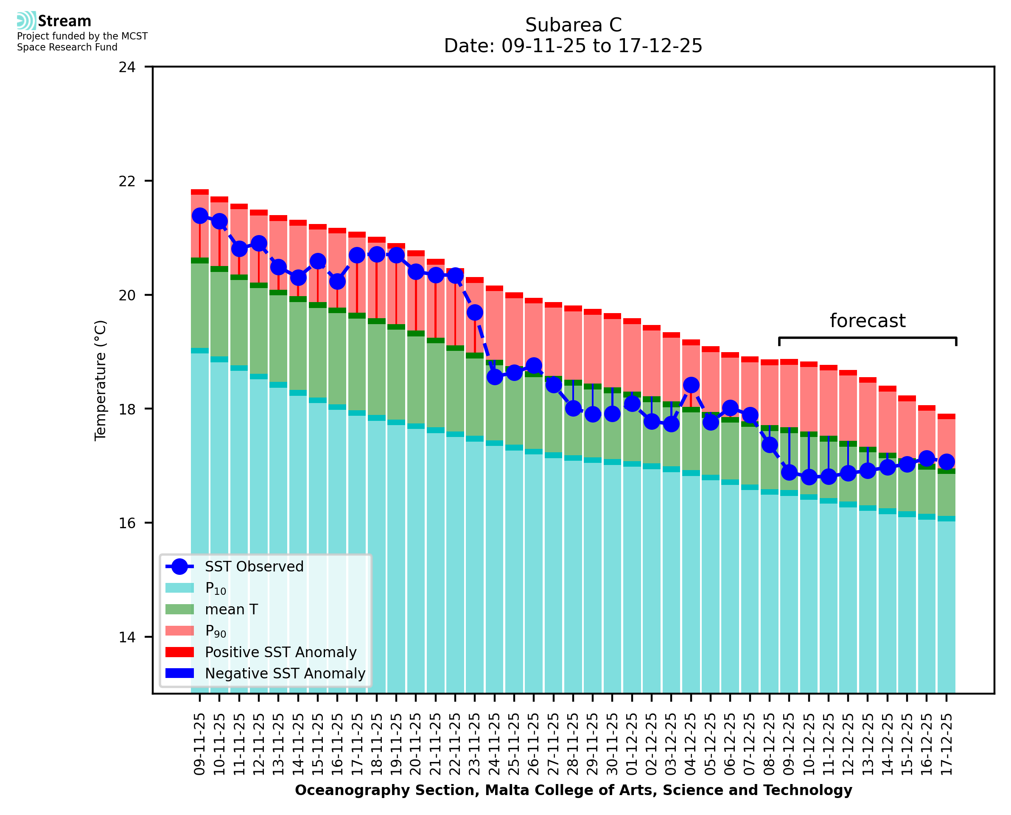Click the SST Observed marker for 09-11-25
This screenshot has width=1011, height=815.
(x=200, y=216)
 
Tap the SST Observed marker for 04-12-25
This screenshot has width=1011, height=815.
(x=691, y=385)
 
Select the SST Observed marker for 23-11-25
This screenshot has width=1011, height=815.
(x=474, y=312)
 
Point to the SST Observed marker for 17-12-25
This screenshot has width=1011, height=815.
(x=946, y=462)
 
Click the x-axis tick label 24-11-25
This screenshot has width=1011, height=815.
(x=494, y=744)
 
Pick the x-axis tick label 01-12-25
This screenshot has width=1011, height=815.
(x=632, y=744)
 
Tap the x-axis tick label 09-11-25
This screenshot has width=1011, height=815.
(x=199, y=744)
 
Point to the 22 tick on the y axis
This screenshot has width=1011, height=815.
(x=127, y=181)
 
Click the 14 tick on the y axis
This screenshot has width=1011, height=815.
(x=127, y=637)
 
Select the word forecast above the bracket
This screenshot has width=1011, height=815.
(x=867, y=321)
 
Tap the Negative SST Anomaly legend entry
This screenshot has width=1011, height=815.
(x=285, y=673)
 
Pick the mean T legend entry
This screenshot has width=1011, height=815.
(x=231, y=609)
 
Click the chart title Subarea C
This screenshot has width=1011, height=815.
(x=573, y=25)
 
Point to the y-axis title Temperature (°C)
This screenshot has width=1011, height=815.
(x=101, y=380)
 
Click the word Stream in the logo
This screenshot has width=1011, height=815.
(x=64, y=21)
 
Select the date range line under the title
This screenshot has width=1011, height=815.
(x=573, y=46)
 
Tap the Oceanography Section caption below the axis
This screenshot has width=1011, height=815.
(x=573, y=790)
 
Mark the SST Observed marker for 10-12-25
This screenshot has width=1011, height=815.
(x=809, y=477)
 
